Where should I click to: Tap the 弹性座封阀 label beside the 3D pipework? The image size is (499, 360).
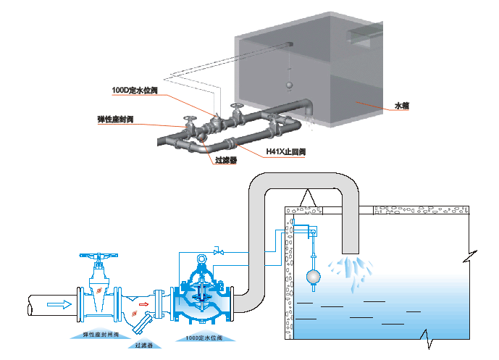coord(116,119)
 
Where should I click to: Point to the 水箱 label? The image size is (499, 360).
coord(402,106)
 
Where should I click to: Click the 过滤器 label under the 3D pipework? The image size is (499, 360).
coord(226,160)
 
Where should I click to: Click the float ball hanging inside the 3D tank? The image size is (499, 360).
coord(288,84)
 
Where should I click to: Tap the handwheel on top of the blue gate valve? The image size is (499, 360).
coord(96,256)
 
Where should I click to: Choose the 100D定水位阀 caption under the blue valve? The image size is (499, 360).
coord(204,338)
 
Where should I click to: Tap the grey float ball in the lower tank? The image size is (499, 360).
coord(313,276)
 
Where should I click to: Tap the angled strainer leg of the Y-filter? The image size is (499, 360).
coord(144,319)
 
